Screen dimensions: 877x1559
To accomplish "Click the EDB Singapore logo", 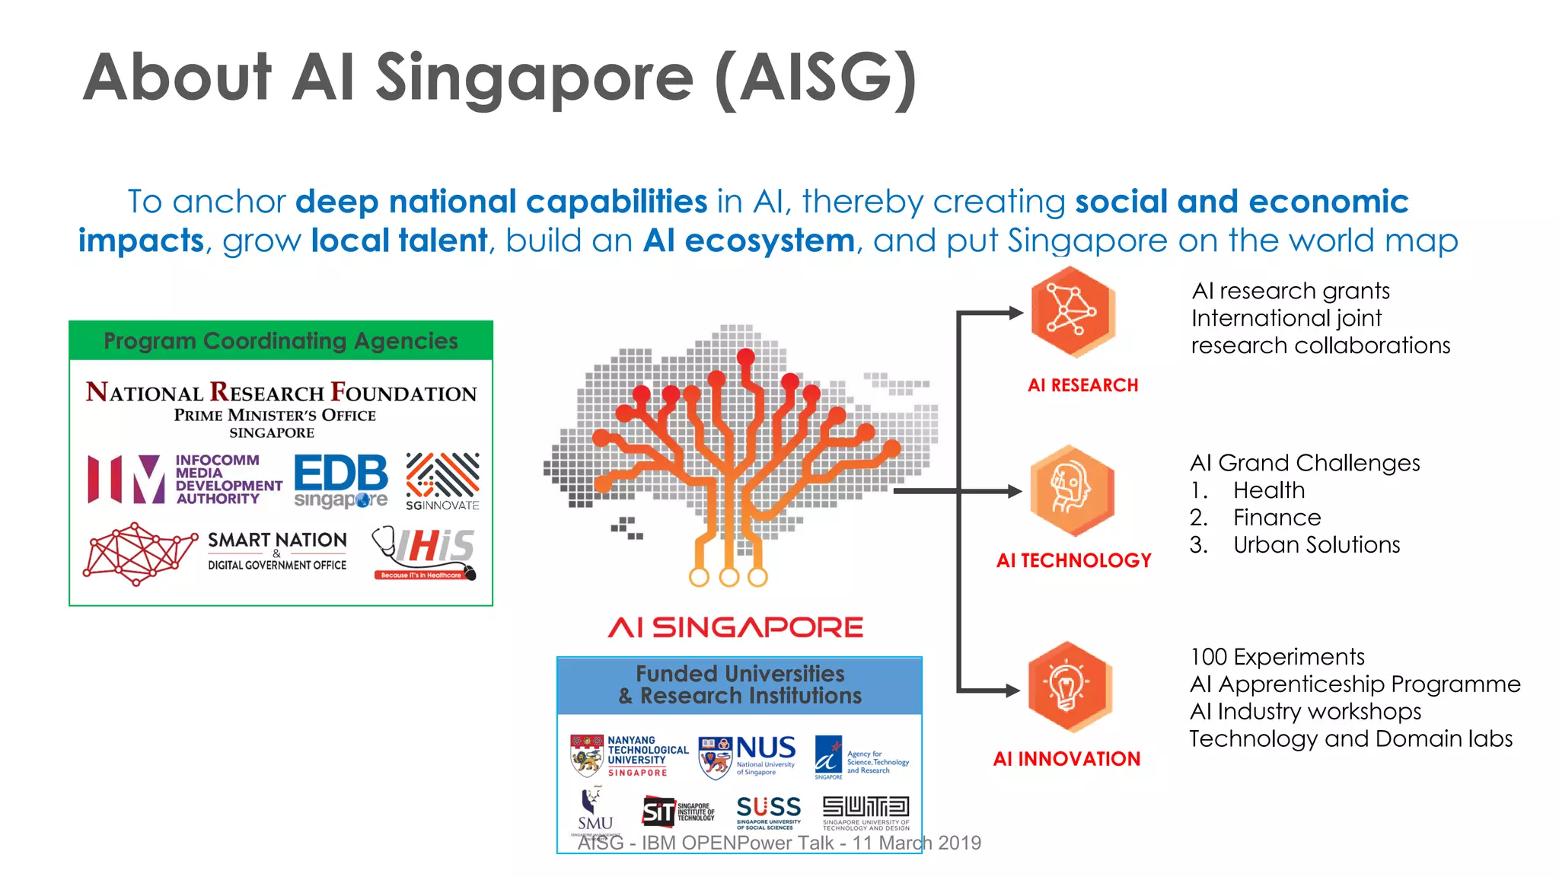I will (x=340, y=481).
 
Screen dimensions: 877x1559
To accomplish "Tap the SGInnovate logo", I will (x=442, y=481).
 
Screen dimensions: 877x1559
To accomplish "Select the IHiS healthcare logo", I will (x=426, y=553).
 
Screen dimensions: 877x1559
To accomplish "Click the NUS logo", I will (x=748, y=756).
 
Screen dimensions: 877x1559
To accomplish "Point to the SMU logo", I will (x=595, y=812).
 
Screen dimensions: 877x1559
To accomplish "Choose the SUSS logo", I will (x=768, y=812).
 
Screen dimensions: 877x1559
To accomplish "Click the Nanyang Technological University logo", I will (x=630, y=756).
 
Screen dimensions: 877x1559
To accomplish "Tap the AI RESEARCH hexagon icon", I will (x=1072, y=312).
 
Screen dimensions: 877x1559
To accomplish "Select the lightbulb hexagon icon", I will (x=1069, y=687).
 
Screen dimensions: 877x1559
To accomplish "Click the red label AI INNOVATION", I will (x=1066, y=759).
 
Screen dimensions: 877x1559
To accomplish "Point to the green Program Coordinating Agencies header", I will (x=281, y=341).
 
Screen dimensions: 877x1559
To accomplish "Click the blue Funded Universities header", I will (x=739, y=685).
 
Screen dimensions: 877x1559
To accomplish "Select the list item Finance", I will (x=1277, y=518).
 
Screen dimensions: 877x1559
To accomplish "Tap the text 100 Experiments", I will (x=1277, y=657).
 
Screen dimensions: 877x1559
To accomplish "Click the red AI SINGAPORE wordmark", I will (x=735, y=627).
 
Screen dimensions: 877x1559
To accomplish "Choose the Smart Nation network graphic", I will (x=139, y=553).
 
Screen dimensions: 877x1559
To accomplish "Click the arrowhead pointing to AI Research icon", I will (x=1015, y=312).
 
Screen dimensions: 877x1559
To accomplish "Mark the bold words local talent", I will (x=399, y=241).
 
